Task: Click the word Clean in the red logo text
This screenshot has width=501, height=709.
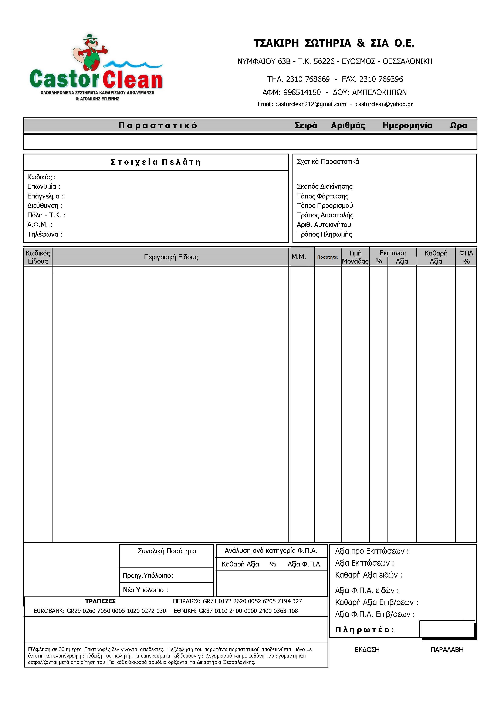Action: click(x=133, y=80)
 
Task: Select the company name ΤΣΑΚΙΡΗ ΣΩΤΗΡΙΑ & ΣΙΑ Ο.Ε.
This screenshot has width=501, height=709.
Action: click(x=334, y=43)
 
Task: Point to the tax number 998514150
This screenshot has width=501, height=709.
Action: click(x=302, y=93)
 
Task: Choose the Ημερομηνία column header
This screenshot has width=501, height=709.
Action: click(x=407, y=126)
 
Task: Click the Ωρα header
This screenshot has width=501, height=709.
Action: click(x=458, y=126)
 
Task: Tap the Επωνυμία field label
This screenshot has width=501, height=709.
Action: click(x=44, y=187)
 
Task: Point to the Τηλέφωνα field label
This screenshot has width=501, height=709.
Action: click(x=45, y=234)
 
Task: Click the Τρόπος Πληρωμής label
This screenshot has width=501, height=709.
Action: click(x=324, y=234)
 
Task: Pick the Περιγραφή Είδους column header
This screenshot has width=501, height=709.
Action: click(x=171, y=257)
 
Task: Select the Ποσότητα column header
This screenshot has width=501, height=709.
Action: click(x=327, y=257)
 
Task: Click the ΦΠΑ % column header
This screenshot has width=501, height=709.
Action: click(x=466, y=257)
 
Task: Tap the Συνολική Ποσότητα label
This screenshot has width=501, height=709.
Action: click(x=167, y=551)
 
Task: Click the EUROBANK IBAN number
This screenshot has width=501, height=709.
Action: click(x=116, y=611)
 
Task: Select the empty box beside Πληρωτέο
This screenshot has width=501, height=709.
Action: click(x=447, y=629)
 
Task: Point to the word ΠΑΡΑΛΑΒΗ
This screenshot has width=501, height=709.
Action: click(x=447, y=650)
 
